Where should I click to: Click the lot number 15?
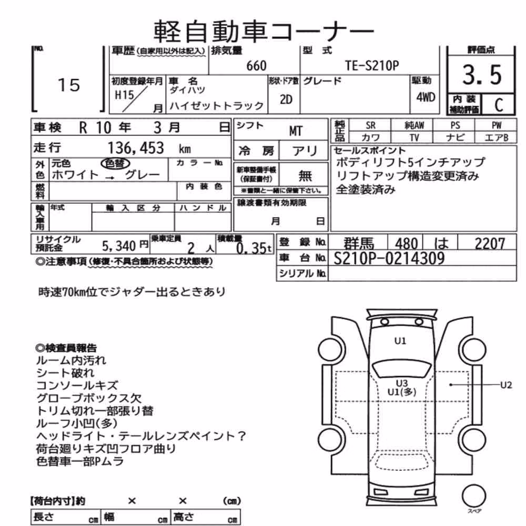pos(69,85)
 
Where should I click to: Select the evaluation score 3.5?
pos(482,75)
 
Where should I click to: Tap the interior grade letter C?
pos(499,105)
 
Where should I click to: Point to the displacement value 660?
pos(256,66)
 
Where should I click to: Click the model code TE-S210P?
pos(372,66)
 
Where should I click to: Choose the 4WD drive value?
pos(426,97)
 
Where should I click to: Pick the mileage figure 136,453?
pos(136,148)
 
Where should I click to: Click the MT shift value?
pos(296,131)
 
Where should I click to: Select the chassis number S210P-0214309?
pos(389,258)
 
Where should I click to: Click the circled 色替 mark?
pos(115,164)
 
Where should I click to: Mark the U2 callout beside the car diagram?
pos(506,385)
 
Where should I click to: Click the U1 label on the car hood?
pos(400,341)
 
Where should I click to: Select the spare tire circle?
pos(474,496)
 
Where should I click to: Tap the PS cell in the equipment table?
pos(455,125)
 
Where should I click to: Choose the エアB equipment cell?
pos(496,137)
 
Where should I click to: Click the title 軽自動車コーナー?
pos(264,32)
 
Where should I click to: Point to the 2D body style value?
pos(286,99)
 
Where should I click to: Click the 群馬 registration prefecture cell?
pos(358,243)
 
